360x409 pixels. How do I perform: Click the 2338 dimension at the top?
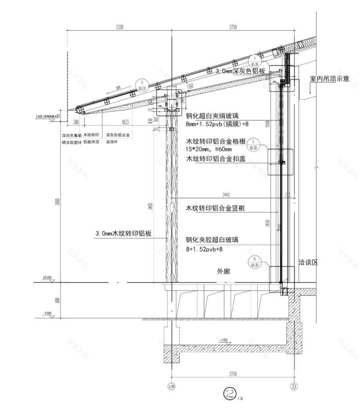(x=119, y=27)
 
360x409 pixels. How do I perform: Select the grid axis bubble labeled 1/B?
(x=171, y=386)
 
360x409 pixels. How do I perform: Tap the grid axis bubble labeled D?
(x=294, y=386)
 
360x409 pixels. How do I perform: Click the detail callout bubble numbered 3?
(x=142, y=84)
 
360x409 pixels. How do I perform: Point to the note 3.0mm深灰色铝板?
(x=241, y=71)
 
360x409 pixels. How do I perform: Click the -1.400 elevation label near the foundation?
(x=224, y=340)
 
